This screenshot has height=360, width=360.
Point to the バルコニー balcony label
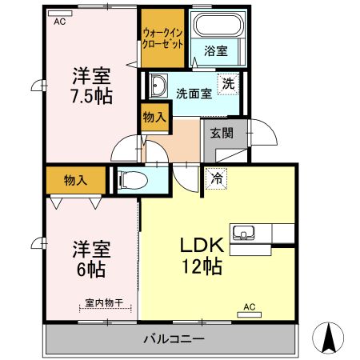pos(173,339)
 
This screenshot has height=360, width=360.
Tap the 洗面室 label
pos(194,93)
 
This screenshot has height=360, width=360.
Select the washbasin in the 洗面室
pos(157,86)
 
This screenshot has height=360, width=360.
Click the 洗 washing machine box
pos(229,83)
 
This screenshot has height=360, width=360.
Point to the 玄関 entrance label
pos(222,134)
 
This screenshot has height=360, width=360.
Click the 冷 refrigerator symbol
pos(217,178)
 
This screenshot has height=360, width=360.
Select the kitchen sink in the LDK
pos(243,234)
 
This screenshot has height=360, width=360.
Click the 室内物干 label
pos(104,302)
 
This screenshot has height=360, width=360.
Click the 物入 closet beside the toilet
pos(75,180)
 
